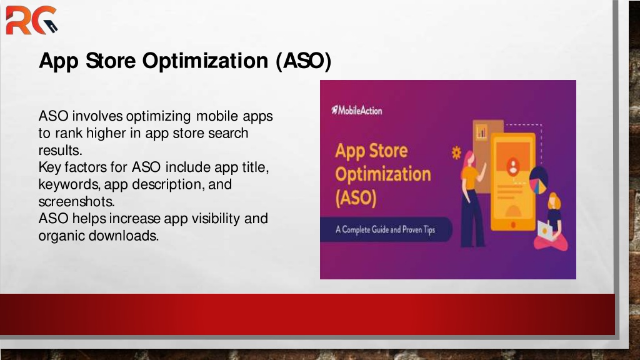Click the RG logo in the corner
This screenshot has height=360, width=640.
coord(31,20)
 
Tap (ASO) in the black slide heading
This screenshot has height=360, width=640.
coord(303,61)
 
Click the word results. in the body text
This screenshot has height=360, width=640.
coord(61,150)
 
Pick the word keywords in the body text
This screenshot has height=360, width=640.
coord(69,184)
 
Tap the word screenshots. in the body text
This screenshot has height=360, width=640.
coord(77,202)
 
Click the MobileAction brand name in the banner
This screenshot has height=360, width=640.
coord(357,110)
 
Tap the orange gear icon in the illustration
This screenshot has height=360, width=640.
coord(456,152)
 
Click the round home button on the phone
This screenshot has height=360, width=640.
coord(513,224)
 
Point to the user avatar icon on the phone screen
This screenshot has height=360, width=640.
coord(512,166)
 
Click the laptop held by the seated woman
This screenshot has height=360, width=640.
coord(545,231)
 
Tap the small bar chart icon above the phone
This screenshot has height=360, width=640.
coord(482,131)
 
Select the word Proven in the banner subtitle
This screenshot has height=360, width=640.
coord(412,229)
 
